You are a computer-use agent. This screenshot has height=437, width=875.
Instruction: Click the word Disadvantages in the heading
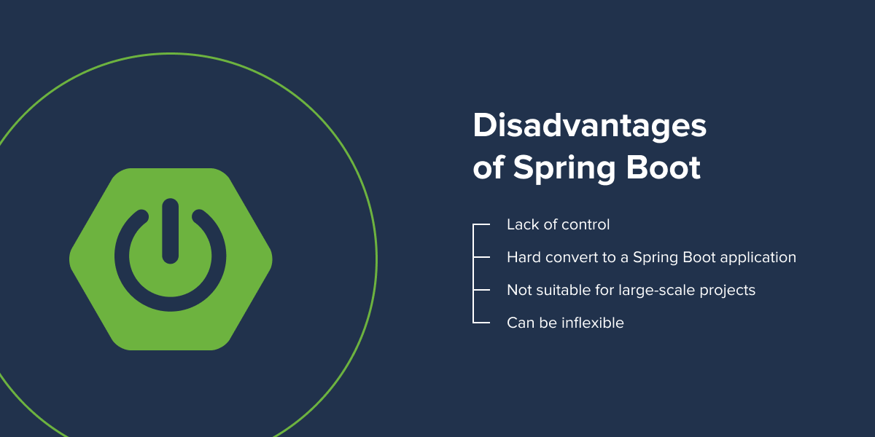click(589, 126)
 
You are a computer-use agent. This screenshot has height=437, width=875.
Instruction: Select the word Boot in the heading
click(664, 167)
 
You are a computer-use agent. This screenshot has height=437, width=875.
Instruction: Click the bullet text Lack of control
click(558, 224)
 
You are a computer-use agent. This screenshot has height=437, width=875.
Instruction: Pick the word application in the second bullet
click(758, 258)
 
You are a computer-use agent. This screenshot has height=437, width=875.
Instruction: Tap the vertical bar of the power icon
click(171, 231)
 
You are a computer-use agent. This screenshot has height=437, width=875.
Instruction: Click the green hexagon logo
click(171, 259)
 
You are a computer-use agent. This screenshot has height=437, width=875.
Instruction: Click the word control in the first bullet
click(585, 224)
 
